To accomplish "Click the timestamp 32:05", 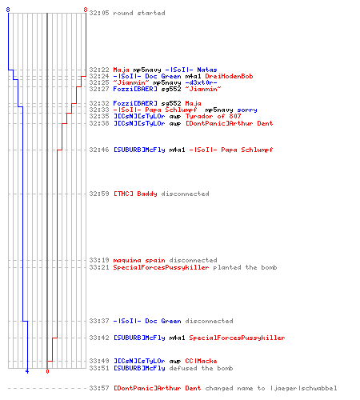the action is pos(99,13).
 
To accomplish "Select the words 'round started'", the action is pos(139,13).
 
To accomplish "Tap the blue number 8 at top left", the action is pos(8,10).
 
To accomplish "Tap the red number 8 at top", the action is pos(86,10).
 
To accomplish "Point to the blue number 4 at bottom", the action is pos(27,371).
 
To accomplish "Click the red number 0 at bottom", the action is pos(47,371).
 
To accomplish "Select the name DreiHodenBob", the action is pos(229,76).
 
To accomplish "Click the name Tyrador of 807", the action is pos(213,116).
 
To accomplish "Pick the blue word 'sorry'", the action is pos(247,110).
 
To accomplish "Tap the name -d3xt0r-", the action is pos(201,82).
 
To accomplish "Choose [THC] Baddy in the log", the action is pos(135,194).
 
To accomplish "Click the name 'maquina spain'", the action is pos(139,260).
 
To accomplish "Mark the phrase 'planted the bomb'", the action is pos(245,267).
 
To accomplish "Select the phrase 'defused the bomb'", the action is pos(201,368).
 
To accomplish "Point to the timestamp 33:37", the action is pos(99,321).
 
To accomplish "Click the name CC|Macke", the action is pos(201,361).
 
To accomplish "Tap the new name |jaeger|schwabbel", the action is pos(303,388).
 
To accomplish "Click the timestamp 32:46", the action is pos(99,150).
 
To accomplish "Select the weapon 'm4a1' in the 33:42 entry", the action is pos(177,338).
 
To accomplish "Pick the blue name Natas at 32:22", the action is pos(207,70).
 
